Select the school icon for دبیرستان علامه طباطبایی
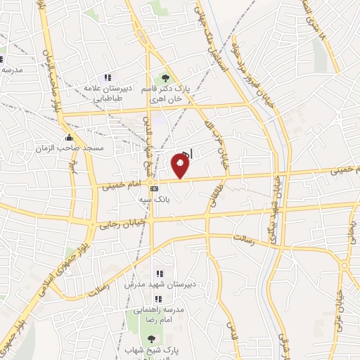[x=108, y=77]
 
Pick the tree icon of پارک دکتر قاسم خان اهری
[x=165, y=77]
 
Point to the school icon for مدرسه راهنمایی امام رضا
[x=158, y=298]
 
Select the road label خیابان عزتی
[x=345, y=302]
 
